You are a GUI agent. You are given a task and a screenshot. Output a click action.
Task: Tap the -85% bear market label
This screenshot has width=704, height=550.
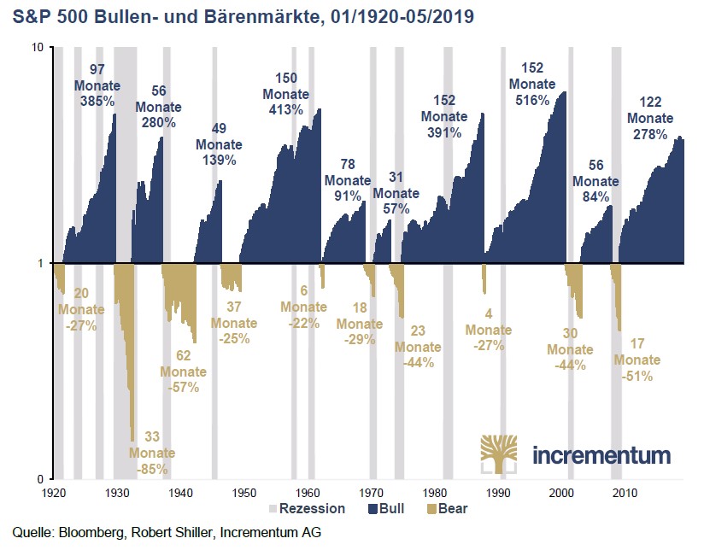[x=153, y=468]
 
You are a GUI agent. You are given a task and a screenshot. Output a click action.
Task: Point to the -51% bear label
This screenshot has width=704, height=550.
[x=637, y=375]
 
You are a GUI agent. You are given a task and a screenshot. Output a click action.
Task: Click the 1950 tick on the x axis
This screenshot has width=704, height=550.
[x=243, y=493]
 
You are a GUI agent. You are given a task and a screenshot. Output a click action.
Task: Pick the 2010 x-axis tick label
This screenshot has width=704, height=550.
[x=625, y=493]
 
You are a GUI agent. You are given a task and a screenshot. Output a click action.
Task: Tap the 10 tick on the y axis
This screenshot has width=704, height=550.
[x=37, y=48]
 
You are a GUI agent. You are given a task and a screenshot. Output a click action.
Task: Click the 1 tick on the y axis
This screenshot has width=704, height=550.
[x=40, y=263]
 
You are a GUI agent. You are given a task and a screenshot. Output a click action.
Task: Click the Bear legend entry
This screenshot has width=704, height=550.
[x=451, y=509]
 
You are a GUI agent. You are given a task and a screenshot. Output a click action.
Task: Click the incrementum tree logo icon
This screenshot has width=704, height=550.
[x=500, y=453]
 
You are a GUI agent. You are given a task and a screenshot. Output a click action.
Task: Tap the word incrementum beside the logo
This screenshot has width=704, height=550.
[x=601, y=454]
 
